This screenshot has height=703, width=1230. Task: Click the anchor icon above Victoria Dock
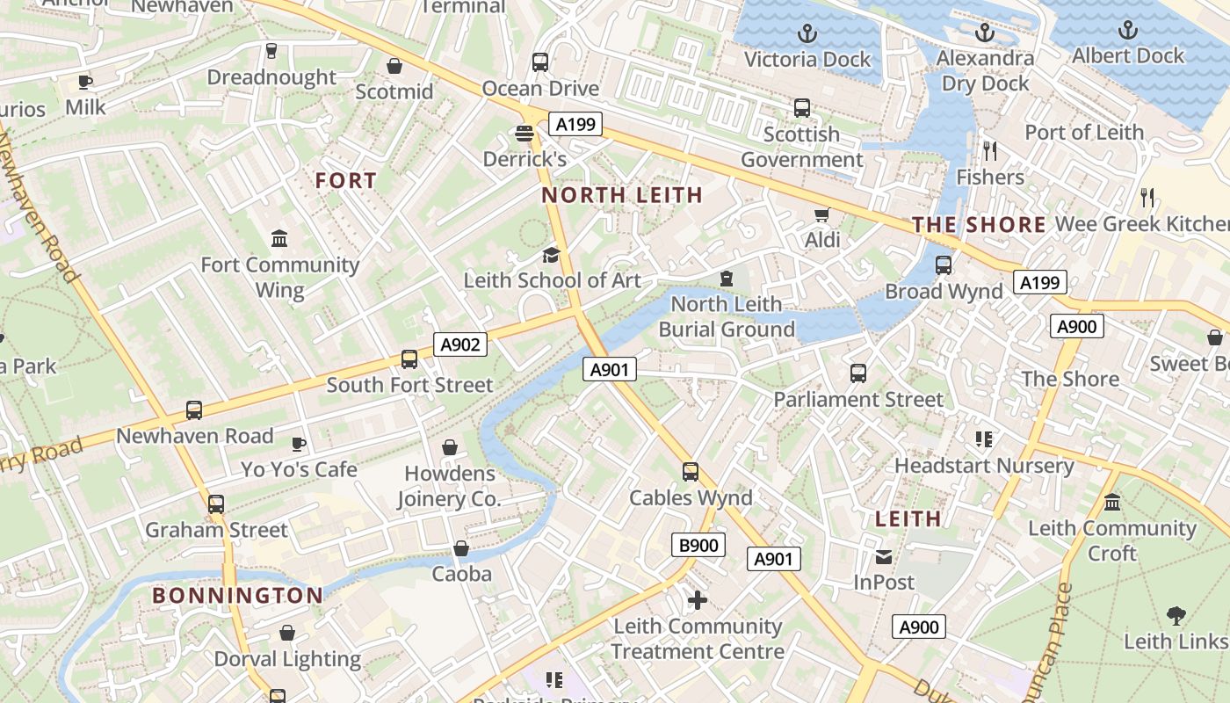(x=807, y=34)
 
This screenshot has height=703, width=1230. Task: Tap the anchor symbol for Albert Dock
(x=1127, y=31)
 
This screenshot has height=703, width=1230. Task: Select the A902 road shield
(x=460, y=344)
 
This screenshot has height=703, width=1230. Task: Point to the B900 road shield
(x=699, y=545)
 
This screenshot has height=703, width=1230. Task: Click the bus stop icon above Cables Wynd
(x=691, y=472)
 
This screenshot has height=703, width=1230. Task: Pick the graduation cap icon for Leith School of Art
(x=551, y=255)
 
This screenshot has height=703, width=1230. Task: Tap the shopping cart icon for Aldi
(x=822, y=215)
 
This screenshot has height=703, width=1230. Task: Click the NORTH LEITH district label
(x=622, y=195)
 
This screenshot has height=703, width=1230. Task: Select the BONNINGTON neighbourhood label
(x=238, y=596)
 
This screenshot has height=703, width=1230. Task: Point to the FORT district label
(x=346, y=181)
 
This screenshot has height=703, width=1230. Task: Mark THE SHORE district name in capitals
(x=979, y=225)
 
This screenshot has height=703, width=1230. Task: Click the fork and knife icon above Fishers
(x=990, y=151)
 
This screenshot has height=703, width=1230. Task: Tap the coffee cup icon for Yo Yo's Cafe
(x=299, y=444)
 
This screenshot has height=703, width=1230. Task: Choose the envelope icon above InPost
(x=884, y=556)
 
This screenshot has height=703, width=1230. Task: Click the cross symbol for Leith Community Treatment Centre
(x=698, y=600)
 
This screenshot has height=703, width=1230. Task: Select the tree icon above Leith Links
(x=1176, y=615)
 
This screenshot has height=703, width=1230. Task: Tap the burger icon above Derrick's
(x=525, y=134)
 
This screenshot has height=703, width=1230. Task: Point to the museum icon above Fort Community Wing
(x=279, y=239)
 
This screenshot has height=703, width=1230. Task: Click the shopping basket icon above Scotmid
(x=394, y=66)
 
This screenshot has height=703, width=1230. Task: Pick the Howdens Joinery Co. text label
(x=449, y=486)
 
